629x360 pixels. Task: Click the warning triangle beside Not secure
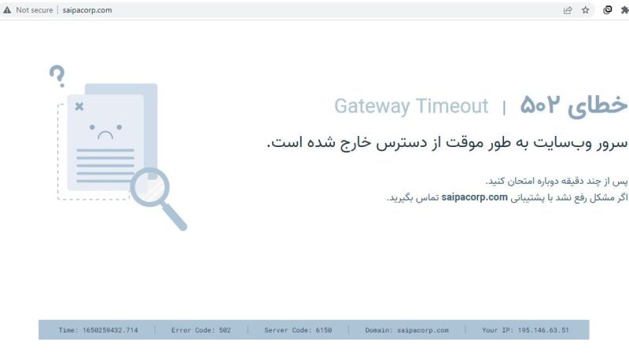7,10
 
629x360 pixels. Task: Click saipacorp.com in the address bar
87,10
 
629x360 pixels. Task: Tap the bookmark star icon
585,10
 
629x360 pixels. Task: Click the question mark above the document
57,75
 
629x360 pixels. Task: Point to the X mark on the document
79,106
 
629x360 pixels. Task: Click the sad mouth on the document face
105,135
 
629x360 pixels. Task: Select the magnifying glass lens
150,187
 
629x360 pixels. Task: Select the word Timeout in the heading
453,106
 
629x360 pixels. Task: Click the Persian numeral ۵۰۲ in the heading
539,105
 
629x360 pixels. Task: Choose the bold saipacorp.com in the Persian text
475,197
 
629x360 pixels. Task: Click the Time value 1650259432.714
110,330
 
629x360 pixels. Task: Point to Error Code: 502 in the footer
201,330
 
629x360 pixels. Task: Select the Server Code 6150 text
298,330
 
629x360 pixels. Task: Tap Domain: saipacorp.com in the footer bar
406,330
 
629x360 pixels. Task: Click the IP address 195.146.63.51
543,330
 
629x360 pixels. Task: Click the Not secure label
35,10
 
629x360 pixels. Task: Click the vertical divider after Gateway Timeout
504,108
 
